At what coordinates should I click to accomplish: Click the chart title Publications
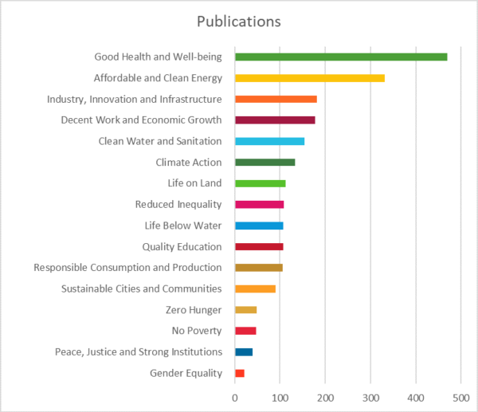[239, 22]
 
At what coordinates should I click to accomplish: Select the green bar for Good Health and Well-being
[341, 57]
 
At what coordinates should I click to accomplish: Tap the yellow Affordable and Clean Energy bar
[310, 78]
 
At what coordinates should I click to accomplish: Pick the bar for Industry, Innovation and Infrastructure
[276, 99]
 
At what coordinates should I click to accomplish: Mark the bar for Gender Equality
[240, 373]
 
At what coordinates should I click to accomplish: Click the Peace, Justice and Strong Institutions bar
[244, 351]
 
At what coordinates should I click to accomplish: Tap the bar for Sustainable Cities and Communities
[255, 288]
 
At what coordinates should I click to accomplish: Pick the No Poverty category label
[197, 331]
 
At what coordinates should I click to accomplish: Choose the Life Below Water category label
[183, 226]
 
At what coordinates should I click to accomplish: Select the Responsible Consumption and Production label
[127, 268]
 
